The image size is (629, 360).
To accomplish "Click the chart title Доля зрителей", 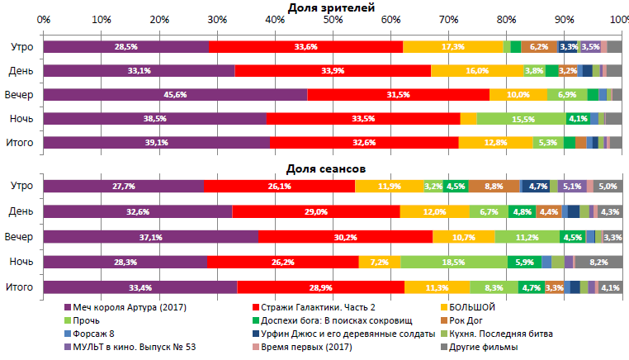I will pos(331,7).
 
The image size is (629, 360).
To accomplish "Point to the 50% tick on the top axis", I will pos(332,19).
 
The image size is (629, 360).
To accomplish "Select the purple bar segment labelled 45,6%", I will pos(175,95).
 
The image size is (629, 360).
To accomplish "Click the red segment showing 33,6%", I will pos(305,47).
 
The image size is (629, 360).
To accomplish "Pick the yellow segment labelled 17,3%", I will pos(452,47).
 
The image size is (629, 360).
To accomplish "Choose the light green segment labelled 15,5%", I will pos(521,119).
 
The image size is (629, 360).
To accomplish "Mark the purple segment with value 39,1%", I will pos(156,143).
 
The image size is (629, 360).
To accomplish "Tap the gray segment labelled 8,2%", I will pos(598,263).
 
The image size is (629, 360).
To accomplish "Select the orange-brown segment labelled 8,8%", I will pos(494,187).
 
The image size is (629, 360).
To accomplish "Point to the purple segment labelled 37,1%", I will pos(150,237).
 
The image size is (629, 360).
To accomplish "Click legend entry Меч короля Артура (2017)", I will pos(129,308).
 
